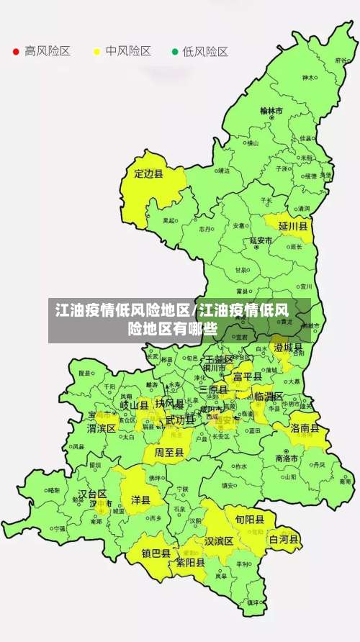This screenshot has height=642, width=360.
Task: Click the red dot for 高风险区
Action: point(16,52)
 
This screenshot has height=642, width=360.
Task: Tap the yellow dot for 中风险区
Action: point(96,52)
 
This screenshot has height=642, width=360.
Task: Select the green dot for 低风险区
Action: point(174,52)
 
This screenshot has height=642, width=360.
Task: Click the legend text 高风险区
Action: point(48,52)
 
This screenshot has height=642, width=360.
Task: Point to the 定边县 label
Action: point(149,173)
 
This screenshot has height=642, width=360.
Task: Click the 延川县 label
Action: point(293,226)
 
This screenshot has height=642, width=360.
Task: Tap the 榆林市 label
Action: point(271,112)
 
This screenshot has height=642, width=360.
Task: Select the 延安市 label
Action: point(261,240)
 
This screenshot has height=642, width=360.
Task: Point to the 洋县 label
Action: point(140,500)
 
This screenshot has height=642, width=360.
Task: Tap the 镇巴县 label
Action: point(156,553)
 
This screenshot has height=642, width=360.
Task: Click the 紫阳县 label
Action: point(190,563)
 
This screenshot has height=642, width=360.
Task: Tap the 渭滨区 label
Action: point(102,428)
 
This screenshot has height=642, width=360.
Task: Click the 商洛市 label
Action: point(287,458)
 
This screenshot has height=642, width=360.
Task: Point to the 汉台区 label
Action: point(92,494)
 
